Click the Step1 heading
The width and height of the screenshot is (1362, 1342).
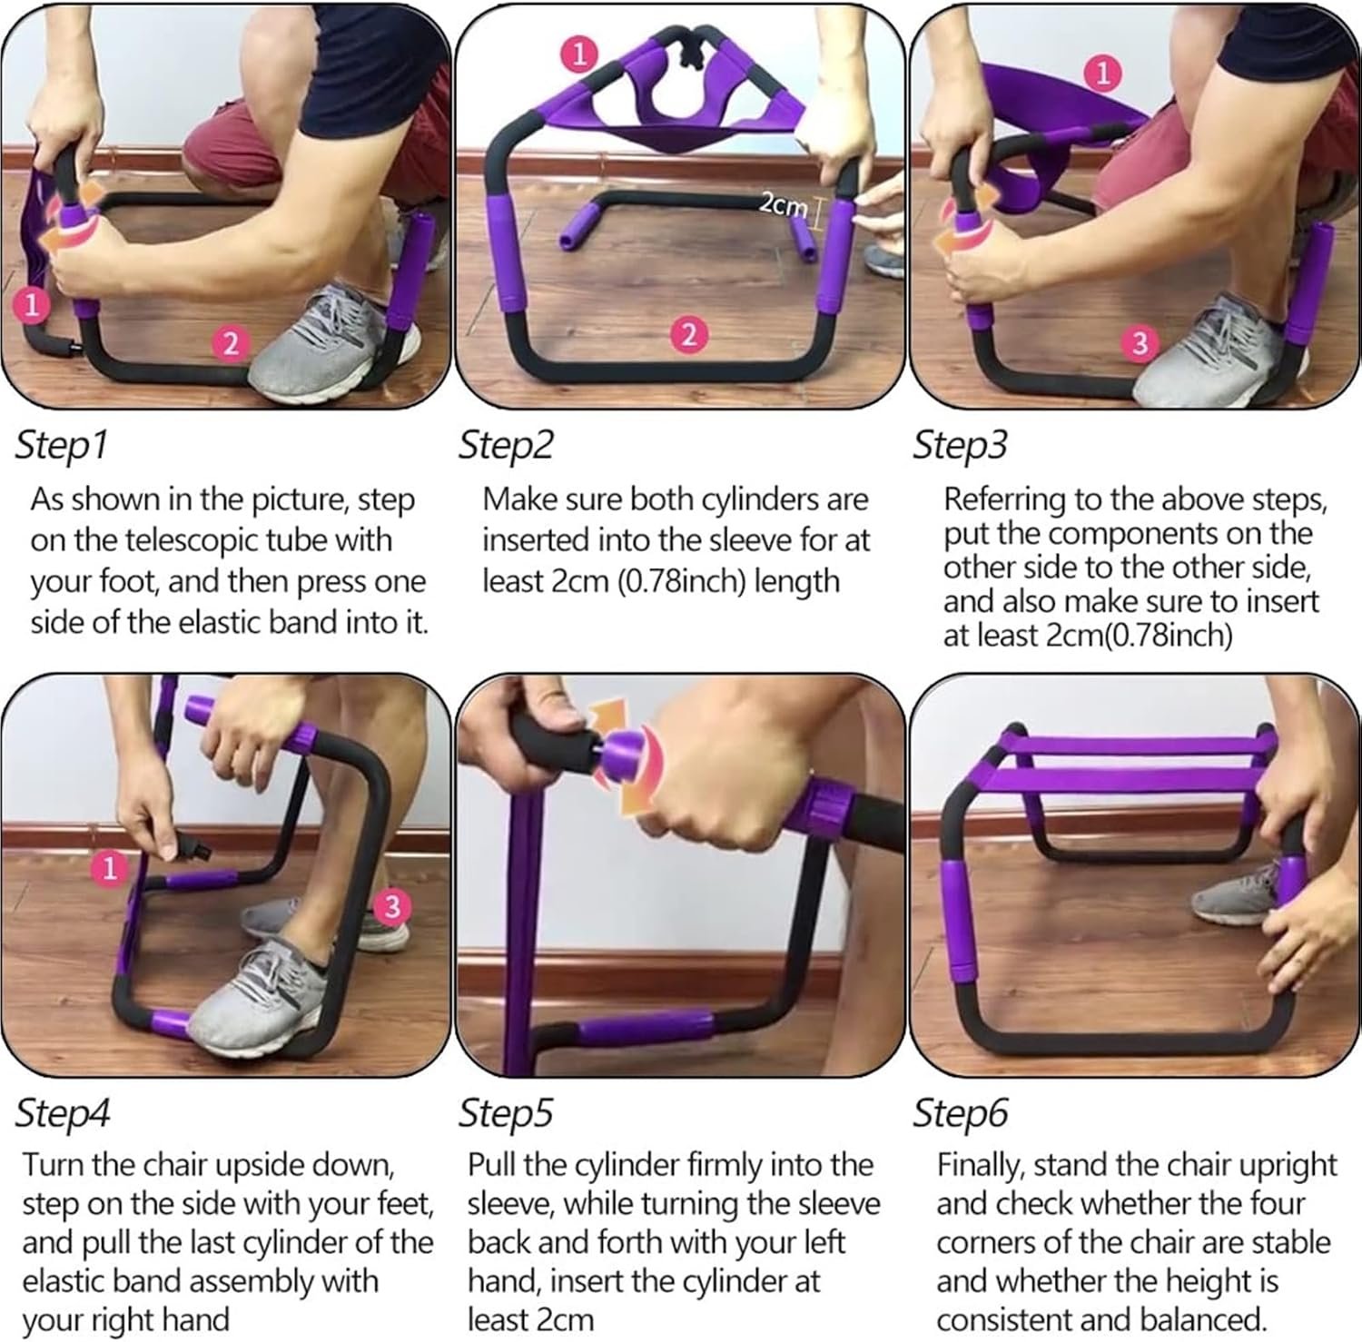coord(62,446)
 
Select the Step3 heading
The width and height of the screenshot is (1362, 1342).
coord(961,446)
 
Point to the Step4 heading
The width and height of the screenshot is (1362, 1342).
coord(63,1113)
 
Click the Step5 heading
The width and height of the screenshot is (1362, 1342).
coord(507,1113)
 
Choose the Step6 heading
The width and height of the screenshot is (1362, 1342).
coord(961,1113)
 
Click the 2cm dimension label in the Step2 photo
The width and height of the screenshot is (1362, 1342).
coord(782,205)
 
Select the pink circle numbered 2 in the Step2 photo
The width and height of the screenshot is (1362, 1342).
coord(689,335)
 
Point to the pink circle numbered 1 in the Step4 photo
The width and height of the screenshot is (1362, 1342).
coord(110,869)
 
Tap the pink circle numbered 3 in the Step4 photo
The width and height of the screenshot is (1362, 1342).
coord(392,905)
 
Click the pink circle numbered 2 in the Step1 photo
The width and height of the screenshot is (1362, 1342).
coord(231,344)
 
